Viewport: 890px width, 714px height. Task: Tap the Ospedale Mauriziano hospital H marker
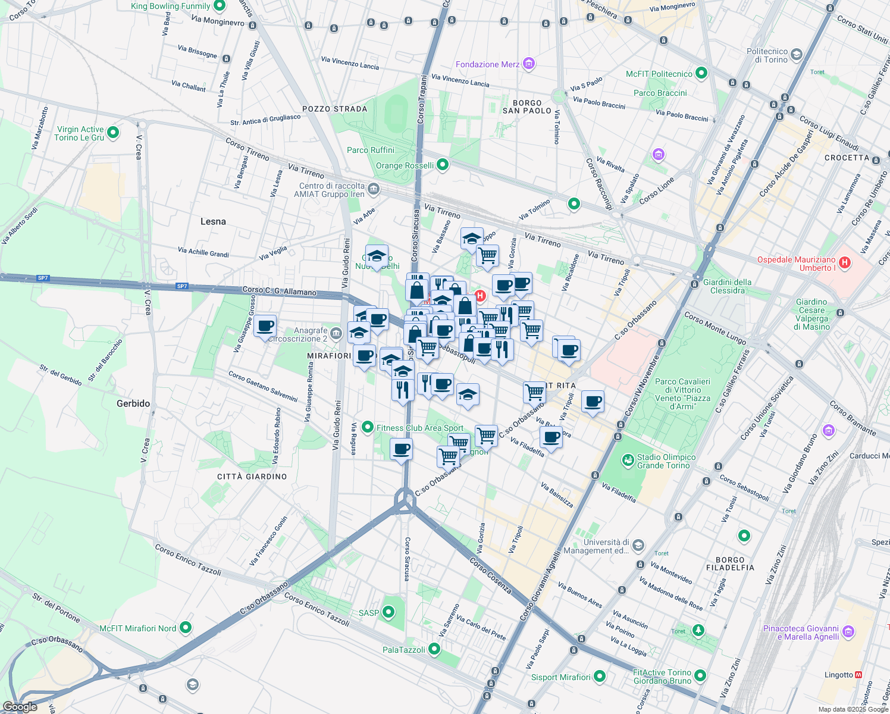[x=844, y=262]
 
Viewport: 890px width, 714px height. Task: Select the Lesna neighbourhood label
[x=213, y=221]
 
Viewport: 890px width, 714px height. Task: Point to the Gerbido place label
[x=133, y=403]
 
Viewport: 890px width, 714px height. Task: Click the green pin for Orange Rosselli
[x=442, y=165]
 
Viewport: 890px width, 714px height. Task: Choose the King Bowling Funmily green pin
[x=219, y=6]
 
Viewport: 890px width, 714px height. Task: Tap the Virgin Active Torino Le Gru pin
[x=113, y=133]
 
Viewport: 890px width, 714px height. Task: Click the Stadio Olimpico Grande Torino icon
[x=628, y=460]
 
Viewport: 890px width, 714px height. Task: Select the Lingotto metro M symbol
[x=858, y=675]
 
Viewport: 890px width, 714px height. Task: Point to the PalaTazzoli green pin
[x=434, y=649]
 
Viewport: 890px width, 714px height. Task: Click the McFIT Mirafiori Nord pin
[x=186, y=628]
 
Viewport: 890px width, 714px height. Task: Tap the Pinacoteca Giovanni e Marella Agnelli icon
[x=848, y=631]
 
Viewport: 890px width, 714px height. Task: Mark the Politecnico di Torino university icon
[x=797, y=55]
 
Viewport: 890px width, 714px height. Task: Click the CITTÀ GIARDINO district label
[x=252, y=477]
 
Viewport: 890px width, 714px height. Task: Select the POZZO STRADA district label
[x=335, y=109]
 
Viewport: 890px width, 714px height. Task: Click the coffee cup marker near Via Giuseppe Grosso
[x=265, y=326]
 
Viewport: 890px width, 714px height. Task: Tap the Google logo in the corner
[x=20, y=707]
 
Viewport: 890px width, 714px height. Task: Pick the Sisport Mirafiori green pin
[x=600, y=677]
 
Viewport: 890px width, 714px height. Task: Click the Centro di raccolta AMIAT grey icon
[x=373, y=189]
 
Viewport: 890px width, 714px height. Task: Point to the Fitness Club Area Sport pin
[x=367, y=427]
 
